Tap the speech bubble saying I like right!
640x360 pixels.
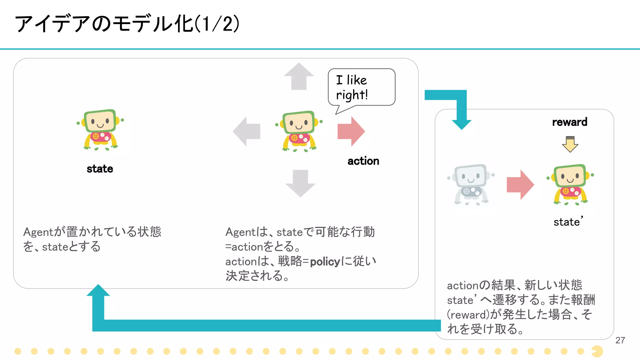[361, 87]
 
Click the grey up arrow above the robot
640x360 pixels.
[299, 76]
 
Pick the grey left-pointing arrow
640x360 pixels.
[247, 131]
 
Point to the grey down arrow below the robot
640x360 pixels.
[300, 183]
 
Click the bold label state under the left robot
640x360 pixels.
[100, 169]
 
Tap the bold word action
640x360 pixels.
[363, 161]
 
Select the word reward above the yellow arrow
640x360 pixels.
[569, 122]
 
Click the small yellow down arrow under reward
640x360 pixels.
[570, 144]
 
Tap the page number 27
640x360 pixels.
[620, 340]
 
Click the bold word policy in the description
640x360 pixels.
[325, 262]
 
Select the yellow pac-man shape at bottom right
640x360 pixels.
[597, 351]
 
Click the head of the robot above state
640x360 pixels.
[100, 121]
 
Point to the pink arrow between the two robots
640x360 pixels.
[520, 185]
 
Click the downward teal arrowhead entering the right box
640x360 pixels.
[462, 123]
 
